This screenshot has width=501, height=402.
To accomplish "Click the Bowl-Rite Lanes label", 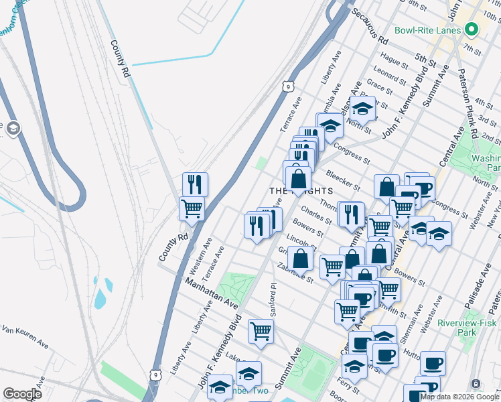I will coord(427,30).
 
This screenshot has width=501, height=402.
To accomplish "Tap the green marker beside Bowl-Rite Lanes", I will coord(471,30).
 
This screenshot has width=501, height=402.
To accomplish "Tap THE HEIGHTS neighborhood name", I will coord(301,191).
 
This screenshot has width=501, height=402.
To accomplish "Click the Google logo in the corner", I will coord(22,393).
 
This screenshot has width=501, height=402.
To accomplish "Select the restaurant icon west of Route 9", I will coord(195,183).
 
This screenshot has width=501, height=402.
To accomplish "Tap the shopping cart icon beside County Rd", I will coord(192,208).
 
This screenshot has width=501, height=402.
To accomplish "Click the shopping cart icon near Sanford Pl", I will coord(261,330).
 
